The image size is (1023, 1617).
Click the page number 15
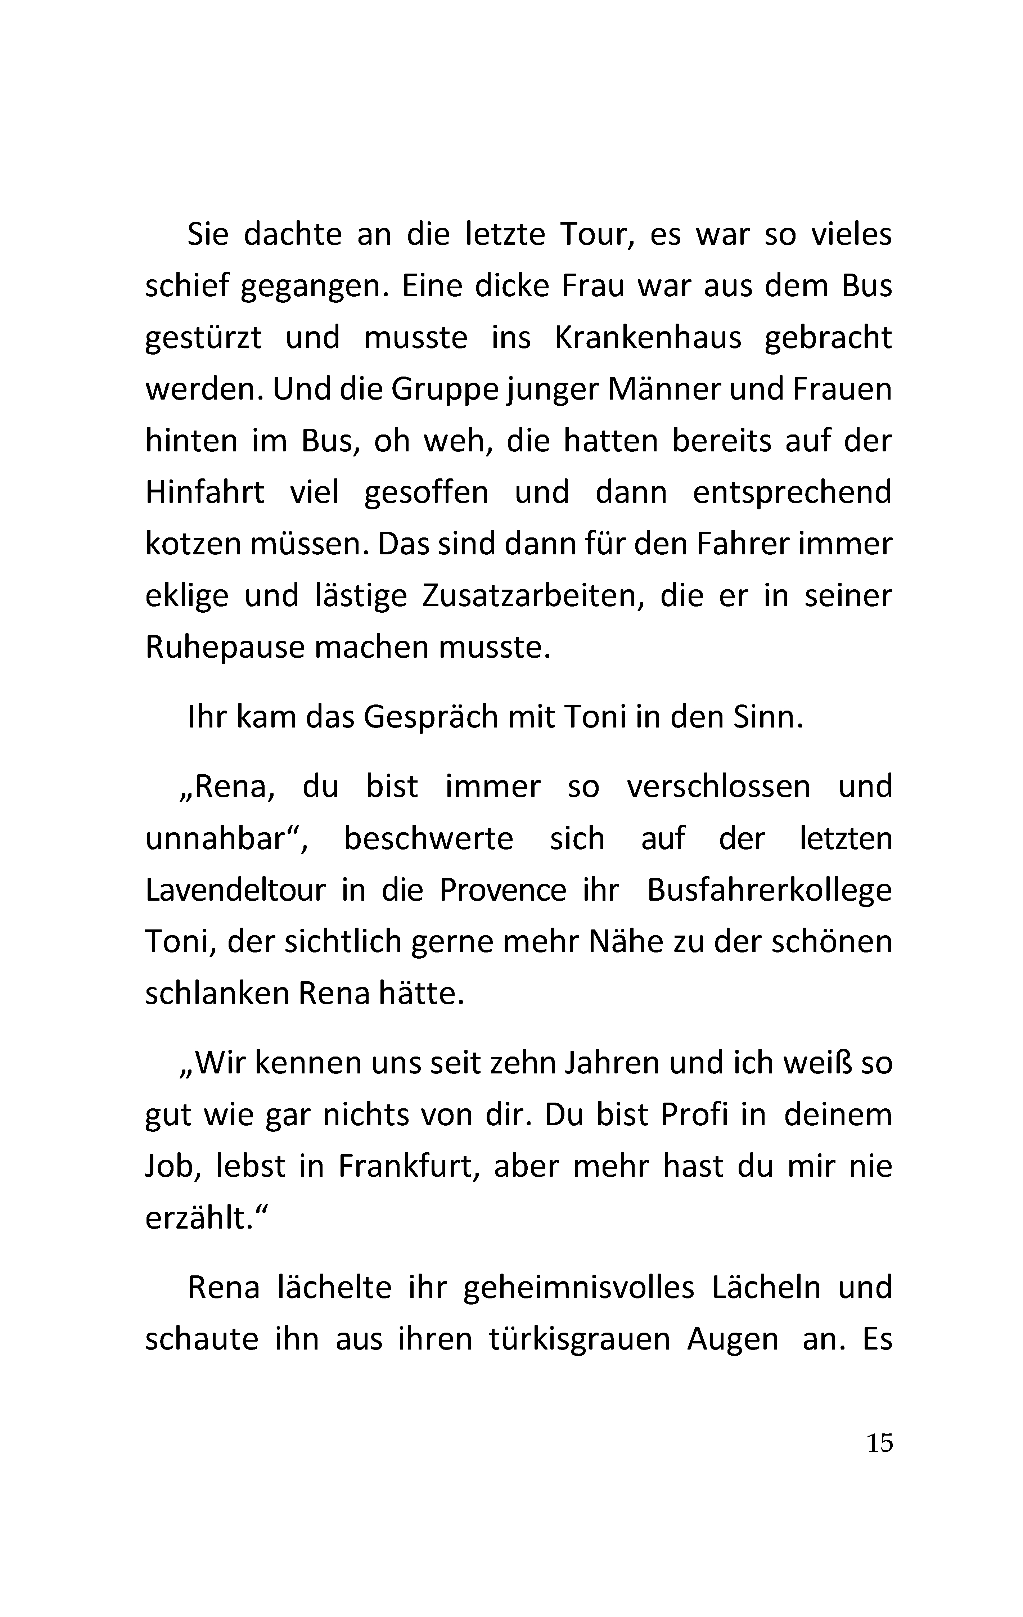pos(879,1442)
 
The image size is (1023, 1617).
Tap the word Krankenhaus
pos(648,338)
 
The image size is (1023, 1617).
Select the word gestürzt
pos(203,338)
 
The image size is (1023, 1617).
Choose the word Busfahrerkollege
pos(769,891)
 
